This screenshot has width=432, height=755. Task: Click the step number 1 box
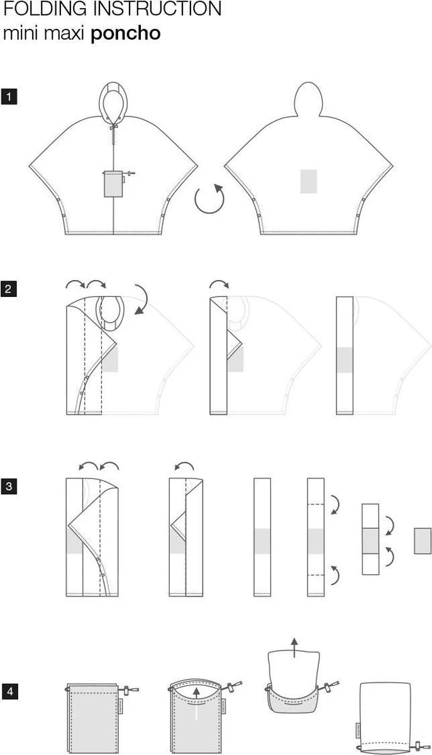[9, 98]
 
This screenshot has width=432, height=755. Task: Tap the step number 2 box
[9, 290]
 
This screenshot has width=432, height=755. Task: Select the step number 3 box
[9, 486]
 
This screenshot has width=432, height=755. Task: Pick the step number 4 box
[9, 692]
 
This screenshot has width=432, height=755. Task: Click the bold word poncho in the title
[126, 33]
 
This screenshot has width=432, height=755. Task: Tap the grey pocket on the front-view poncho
[113, 183]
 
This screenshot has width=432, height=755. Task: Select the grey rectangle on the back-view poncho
[308, 181]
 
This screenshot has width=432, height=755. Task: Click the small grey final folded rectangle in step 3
[422, 541]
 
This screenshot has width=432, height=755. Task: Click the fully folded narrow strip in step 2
[345, 355]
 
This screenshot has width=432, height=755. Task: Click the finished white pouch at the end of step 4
[385, 716]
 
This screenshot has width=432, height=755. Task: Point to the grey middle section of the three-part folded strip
[371, 540]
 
